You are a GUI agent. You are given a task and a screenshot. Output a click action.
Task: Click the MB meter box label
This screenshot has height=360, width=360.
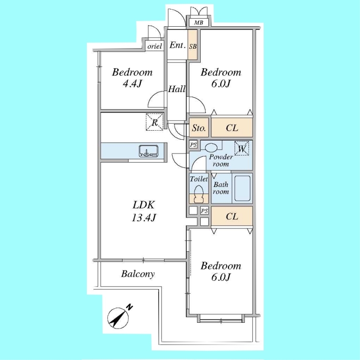pos(199,23)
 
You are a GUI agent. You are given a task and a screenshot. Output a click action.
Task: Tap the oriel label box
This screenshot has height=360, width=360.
pos(155,46)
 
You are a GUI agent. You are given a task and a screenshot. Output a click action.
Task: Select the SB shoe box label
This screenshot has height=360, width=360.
pos(193,46)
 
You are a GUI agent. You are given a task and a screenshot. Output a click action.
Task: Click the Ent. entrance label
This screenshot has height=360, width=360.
pos(177,45)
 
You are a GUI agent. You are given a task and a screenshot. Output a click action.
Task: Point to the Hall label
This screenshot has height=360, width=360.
pos(176,89)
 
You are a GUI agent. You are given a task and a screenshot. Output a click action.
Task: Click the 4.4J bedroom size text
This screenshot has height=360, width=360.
pos(132,83)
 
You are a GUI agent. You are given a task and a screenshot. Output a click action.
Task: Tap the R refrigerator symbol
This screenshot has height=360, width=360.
pos(155,122)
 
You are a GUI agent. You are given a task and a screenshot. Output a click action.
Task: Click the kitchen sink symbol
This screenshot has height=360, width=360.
pos(148,151)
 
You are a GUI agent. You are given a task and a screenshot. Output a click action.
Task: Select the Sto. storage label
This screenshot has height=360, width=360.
pos(199,128)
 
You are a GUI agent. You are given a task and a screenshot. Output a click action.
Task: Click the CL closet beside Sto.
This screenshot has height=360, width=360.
pos(232,128)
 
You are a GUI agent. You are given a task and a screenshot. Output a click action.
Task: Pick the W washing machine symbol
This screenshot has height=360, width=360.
pos(242,148)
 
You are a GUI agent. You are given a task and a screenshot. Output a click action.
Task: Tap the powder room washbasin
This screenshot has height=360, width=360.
pos(211,148)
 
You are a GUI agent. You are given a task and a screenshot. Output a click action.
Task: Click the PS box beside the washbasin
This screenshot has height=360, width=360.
pos(193,144)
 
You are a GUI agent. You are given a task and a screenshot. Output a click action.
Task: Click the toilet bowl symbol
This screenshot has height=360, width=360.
pos(199,194)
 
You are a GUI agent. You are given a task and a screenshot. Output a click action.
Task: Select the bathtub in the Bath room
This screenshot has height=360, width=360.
pos(242,188)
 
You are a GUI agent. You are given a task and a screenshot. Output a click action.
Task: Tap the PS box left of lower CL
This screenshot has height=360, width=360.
pos(205,211)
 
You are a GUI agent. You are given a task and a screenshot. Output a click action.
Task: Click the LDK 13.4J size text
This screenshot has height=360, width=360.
pos(144,217)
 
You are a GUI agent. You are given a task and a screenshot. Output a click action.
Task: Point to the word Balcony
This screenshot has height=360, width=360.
pos(138,274)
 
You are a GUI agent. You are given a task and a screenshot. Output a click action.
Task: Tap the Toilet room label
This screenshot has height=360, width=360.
pos(199,179)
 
